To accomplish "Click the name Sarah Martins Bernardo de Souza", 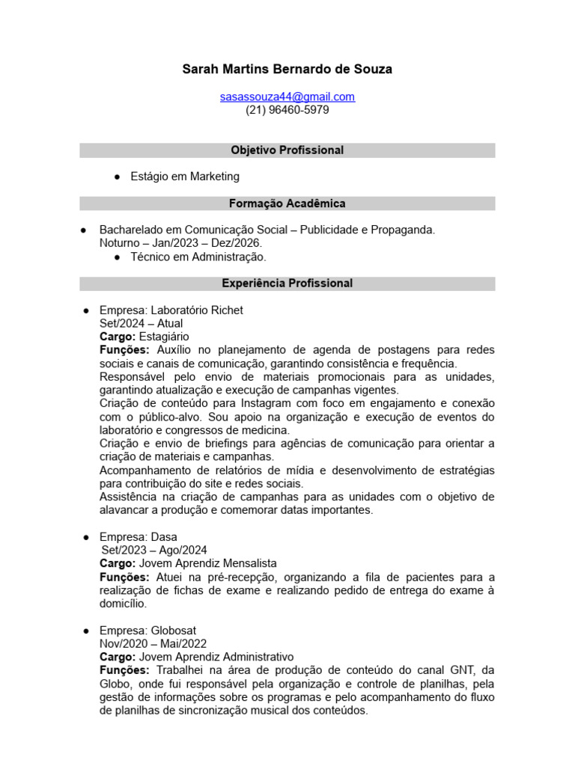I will tap(287, 70).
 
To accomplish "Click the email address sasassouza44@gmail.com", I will tap(287, 96).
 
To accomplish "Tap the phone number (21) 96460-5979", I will tap(287, 110).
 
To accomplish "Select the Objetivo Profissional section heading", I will tap(287, 150).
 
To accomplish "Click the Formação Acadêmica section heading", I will tap(287, 203).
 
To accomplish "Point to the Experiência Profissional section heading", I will tap(287, 284).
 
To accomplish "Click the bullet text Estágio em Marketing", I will tap(185, 177).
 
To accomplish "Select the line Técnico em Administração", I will tap(198, 257).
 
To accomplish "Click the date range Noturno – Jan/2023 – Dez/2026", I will tap(181, 243).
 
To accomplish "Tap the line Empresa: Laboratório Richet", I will tap(171, 310).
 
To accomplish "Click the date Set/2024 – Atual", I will tap(141, 323).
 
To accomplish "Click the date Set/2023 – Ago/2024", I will tap(155, 551).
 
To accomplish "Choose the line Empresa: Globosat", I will tap(148, 631).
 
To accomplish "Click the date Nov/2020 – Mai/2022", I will tap(153, 643).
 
